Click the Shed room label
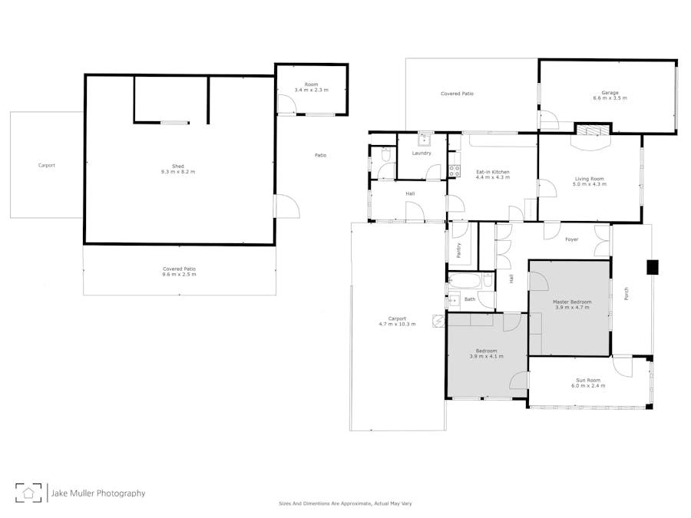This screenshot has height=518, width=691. (x=178, y=166)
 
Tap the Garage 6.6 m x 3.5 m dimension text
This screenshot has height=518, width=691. (x=610, y=98)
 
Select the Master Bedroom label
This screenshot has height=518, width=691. (x=572, y=302)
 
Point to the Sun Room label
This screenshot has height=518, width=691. (x=588, y=380)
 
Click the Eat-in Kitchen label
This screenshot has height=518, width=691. (x=493, y=172)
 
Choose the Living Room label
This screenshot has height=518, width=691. (x=589, y=179)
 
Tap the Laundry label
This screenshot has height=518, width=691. (x=422, y=153)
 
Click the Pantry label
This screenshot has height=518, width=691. (x=459, y=250)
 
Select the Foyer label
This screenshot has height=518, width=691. (x=571, y=239)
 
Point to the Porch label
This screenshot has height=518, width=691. (x=627, y=294)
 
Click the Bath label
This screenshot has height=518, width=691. (x=470, y=299)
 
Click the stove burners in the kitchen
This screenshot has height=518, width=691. (x=455, y=171)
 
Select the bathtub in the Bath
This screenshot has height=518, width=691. (x=465, y=281)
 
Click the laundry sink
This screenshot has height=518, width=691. (x=425, y=139)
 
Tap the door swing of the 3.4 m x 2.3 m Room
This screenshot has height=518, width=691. (x=287, y=105)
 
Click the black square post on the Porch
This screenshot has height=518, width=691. (x=652, y=267)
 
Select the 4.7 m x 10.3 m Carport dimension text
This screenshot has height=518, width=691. (x=397, y=324)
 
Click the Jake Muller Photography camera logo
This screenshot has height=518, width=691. (x=28, y=493)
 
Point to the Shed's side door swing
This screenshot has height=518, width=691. (x=287, y=206)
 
